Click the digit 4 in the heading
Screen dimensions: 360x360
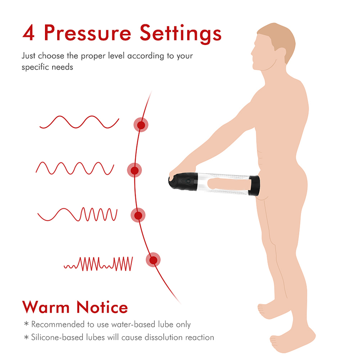tap(28, 33)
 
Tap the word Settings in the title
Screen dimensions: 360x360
tap(181, 34)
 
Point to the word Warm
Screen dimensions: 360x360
tap(46, 307)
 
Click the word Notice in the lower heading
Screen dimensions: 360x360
tap(102, 307)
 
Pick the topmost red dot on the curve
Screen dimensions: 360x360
tap(141, 125)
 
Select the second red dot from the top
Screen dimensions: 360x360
tap(135, 170)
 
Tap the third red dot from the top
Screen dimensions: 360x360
tap(138, 215)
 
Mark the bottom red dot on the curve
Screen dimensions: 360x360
tap(153, 260)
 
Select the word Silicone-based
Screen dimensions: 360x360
tap(57, 337)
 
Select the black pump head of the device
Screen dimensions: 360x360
tap(183, 181)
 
